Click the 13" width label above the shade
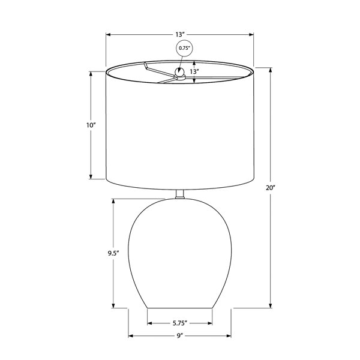[180, 35]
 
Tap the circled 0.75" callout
[184, 48]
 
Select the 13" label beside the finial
[194, 71]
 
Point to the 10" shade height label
[91, 125]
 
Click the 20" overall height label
[271, 188]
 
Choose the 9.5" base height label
[113, 253]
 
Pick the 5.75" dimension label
[180, 323]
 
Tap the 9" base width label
[180, 336]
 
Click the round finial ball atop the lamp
[179, 72]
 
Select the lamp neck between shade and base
[180, 194]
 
